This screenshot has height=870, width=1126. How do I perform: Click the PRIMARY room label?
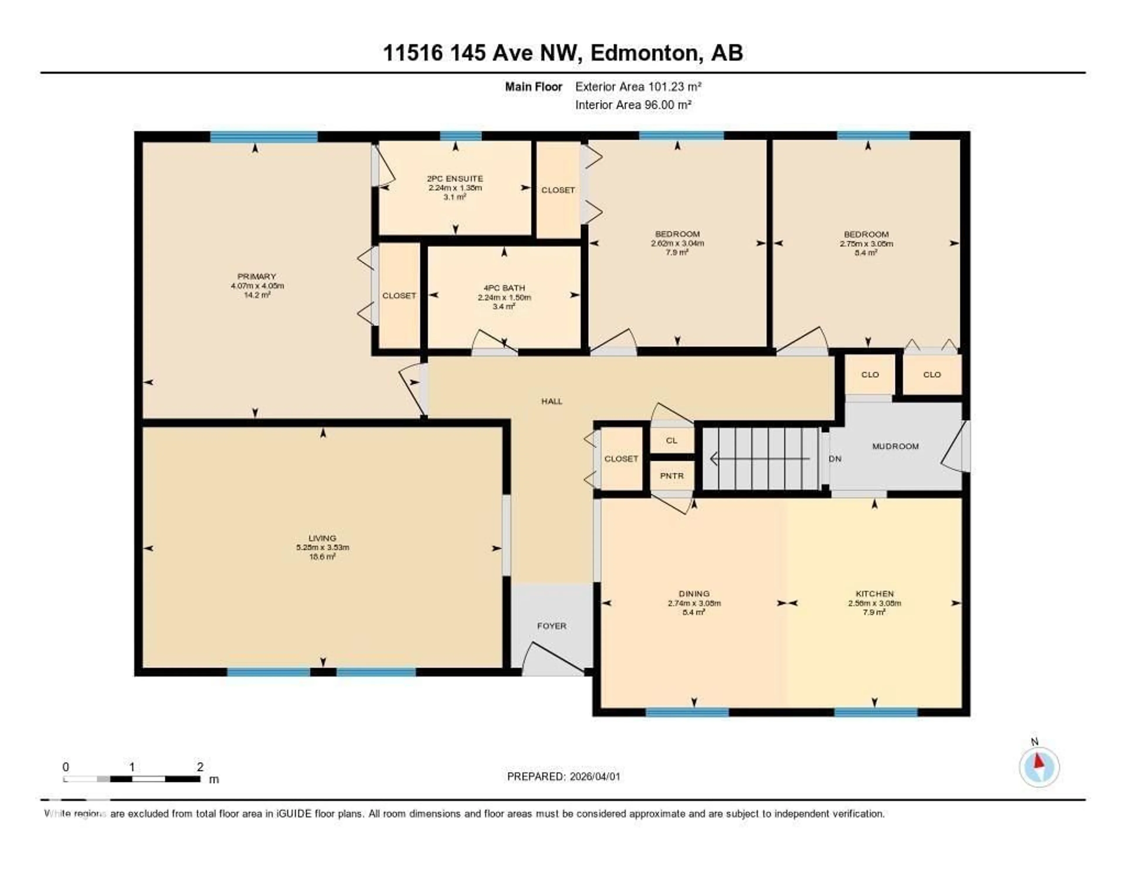point(257,276)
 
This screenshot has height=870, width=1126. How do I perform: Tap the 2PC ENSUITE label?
point(455,178)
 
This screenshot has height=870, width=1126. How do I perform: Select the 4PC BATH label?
point(504,288)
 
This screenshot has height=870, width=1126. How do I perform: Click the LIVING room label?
point(322,538)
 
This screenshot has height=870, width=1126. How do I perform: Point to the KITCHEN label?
point(874,594)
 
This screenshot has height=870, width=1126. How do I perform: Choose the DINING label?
point(694,594)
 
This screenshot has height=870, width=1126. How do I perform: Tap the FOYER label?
point(552,626)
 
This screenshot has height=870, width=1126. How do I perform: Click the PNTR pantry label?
point(672,475)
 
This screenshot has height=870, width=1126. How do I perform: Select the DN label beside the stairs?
point(835,458)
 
